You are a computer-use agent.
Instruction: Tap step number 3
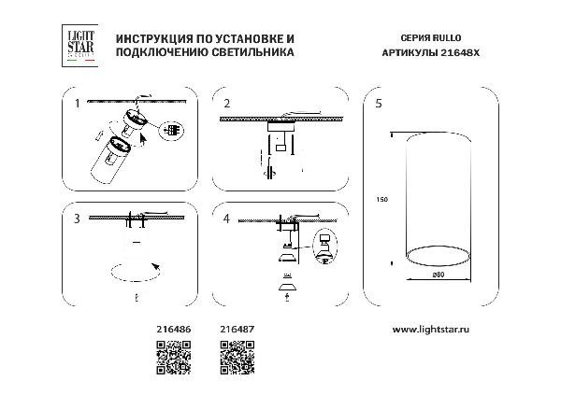(77, 219)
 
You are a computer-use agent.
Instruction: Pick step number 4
(226, 219)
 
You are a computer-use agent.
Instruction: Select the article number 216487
(235, 330)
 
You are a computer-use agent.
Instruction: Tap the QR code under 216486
(172, 359)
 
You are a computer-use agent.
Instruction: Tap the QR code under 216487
(237, 359)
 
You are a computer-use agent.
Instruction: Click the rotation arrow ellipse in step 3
(137, 271)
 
